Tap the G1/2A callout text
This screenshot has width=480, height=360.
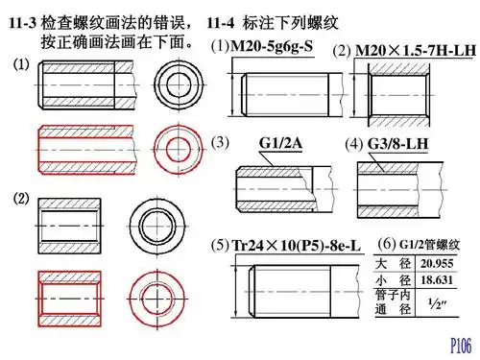click(282, 143)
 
